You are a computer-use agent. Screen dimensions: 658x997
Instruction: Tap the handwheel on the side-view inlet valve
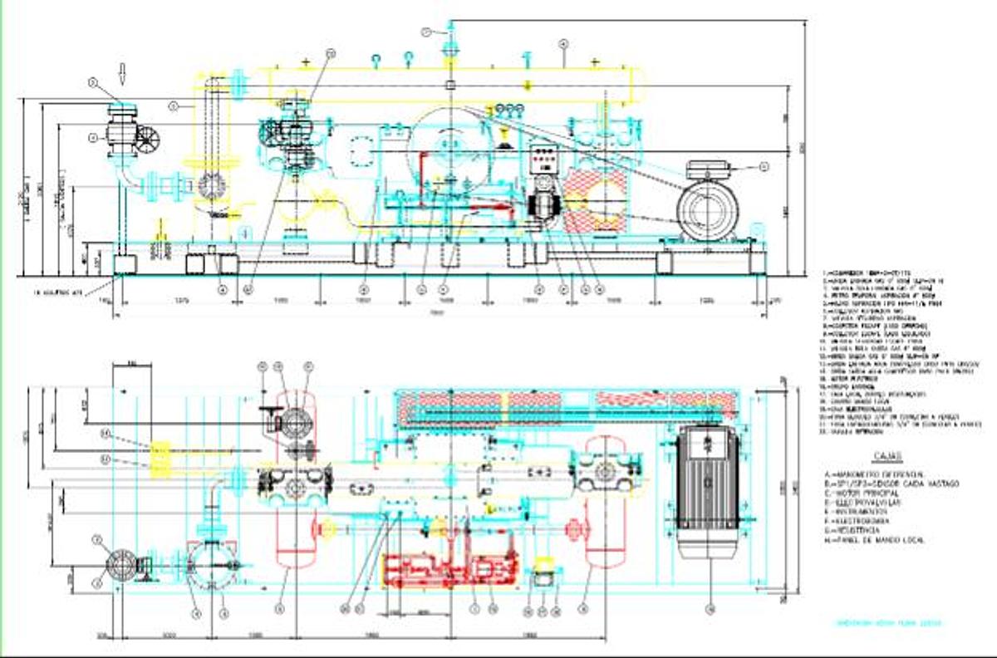coord(148,140)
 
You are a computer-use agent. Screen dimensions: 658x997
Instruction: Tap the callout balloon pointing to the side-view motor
coord(764,167)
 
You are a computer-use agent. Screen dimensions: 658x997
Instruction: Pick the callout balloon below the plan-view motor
coord(709,610)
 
